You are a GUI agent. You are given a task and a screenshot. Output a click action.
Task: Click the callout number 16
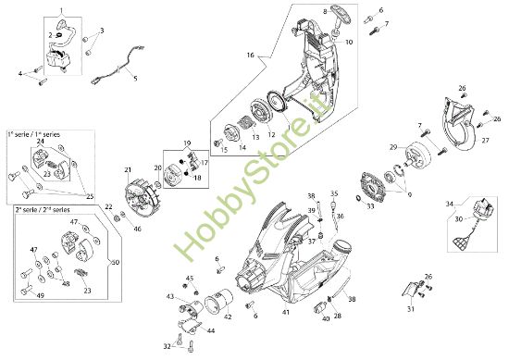click(x=250, y=56)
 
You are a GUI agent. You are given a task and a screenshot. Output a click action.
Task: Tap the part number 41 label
click(x=286, y=313)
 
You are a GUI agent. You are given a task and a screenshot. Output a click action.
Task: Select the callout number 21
click(x=129, y=159)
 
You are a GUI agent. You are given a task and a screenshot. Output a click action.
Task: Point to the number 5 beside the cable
click(x=134, y=80)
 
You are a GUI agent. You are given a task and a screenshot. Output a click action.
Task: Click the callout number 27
click(x=483, y=139)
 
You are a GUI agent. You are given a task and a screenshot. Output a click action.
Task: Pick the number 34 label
click(x=449, y=203)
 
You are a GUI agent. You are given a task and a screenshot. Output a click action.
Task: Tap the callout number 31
click(x=411, y=310)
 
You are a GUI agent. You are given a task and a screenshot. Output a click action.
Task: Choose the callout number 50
click(x=116, y=262)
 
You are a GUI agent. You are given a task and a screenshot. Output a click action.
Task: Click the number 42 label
click(x=228, y=317)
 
